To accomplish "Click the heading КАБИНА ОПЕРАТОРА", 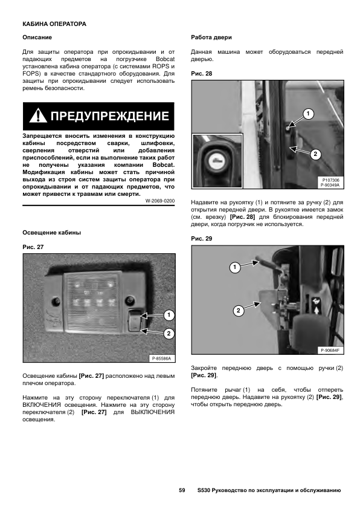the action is click(x=54, y=24).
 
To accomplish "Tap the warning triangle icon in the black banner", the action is click(x=38, y=116).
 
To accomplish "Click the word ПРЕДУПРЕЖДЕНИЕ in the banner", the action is click(x=109, y=116).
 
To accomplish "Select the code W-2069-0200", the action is click(x=160, y=201).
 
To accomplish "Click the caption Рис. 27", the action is click(x=33, y=247).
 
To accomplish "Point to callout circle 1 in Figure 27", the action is click(x=169, y=315).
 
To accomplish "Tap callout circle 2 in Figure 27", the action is click(x=169, y=333).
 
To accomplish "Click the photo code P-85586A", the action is click(x=161, y=358).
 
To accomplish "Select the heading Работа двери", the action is click(x=211, y=37).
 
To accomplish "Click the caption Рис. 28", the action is click(x=201, y=74).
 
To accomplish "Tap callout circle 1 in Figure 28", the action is click(x=308, y=114).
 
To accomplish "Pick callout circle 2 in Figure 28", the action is click(x=315, y=154).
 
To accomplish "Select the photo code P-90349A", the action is click(x=330, y=185).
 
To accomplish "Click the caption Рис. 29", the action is click(x=201, y=239).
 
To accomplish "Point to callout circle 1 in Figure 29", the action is click(x=235, y=267).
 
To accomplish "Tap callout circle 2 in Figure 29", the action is click(x=239, y=311).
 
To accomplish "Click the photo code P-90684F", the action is click(x=330, y=350).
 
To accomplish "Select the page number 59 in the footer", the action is click(x=182, y=490).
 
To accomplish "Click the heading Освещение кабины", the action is click(x=51, y=233).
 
